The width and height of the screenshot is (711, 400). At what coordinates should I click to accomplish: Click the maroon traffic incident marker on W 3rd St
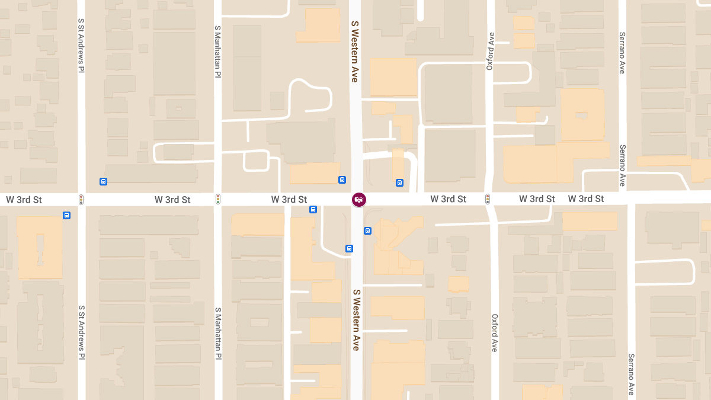(359, 200)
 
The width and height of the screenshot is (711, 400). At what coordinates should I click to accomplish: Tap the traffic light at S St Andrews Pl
(81, 200)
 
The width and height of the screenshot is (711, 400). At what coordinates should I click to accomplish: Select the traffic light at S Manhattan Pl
(218, 199)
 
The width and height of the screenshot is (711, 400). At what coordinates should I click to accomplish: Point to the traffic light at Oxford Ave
(488, 199)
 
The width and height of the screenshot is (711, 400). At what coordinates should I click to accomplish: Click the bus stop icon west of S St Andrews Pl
(66, 215)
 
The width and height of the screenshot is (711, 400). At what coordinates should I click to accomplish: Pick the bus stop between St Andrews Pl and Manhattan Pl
(104, 181)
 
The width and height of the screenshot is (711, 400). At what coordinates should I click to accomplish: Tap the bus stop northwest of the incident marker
(342, 180)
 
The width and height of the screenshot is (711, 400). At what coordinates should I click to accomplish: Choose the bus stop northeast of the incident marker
(399, 183)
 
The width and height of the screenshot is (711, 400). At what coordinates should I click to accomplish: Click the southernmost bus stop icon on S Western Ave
(349, 248)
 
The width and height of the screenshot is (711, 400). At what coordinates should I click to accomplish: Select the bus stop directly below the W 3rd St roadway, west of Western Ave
(313, 209)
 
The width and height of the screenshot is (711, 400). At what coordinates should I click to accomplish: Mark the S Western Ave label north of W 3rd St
(355, 51)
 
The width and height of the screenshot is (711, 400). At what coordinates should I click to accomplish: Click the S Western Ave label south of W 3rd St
(356, 320)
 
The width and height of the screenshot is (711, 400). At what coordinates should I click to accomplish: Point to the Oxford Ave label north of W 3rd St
(490, 51)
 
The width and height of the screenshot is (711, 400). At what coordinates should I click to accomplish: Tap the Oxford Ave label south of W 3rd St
(495, 333)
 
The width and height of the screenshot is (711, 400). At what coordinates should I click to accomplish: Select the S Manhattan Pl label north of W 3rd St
(218, 51)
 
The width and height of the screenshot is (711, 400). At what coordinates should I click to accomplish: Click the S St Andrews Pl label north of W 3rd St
(81, 44)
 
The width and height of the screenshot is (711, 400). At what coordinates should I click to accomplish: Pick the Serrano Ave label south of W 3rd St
(632, 374)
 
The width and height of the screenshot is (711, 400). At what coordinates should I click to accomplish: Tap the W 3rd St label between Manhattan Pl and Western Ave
(289, 200)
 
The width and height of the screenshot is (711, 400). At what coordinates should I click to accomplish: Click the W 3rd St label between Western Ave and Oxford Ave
(449, 199)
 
